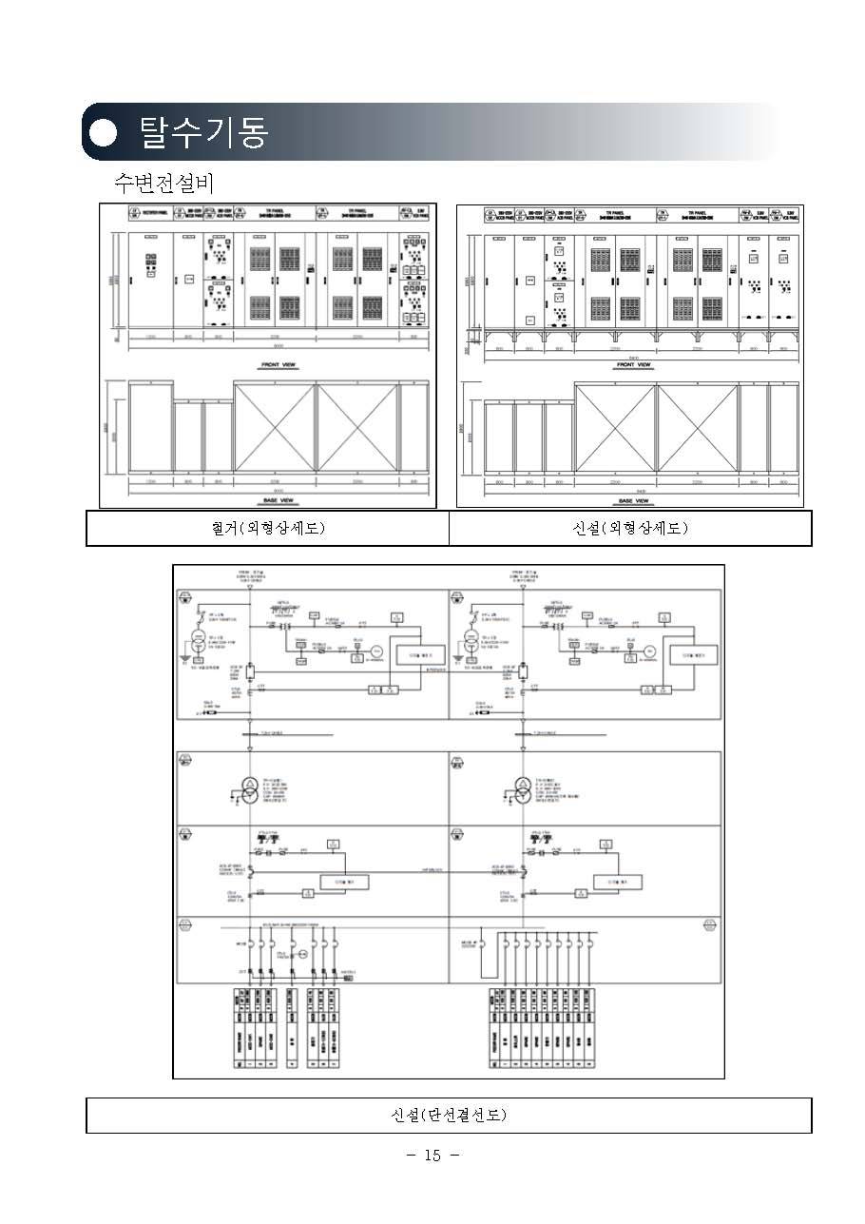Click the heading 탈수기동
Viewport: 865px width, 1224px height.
click(203, 131)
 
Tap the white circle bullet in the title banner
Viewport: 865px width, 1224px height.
click(104, 132)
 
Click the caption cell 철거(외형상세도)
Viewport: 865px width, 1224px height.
click(268, 528)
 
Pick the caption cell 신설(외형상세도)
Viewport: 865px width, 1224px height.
click(630, 528)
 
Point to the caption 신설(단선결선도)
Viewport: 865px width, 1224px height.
click(449, 1115)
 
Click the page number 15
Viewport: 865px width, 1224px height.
click(432, 1156)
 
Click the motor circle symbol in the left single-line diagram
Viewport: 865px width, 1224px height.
click(375, 651)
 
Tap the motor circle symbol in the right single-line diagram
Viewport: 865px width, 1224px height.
click(646, 651)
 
